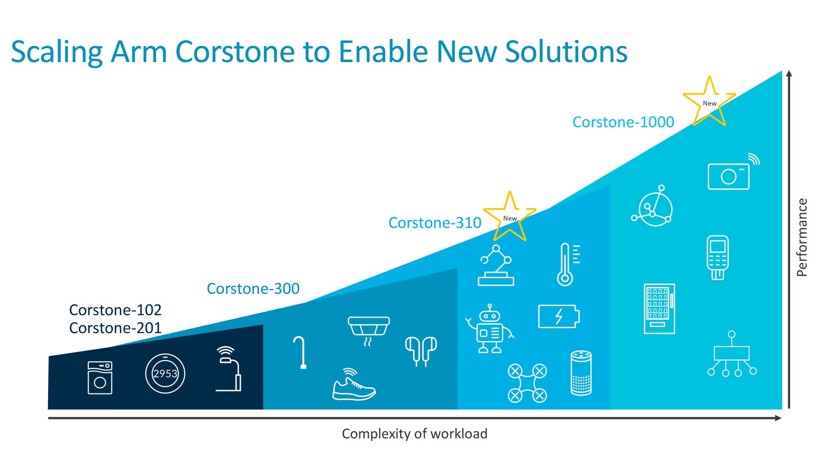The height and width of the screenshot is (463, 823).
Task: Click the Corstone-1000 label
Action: (623, 122)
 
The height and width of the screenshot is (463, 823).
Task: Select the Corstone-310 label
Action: (435, 223)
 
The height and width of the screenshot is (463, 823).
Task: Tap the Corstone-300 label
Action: (253, 289)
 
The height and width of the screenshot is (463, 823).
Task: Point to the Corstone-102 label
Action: (115, 309)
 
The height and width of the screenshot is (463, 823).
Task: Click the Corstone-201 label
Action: (115, 328)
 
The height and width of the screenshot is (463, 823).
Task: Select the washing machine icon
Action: (100, 378)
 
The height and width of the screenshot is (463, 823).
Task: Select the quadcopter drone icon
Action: (527, 383)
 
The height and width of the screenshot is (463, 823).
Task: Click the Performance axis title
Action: (802, 237)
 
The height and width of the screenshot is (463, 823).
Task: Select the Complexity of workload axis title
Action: (414, 434)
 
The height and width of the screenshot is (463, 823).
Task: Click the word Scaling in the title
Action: (57, 52)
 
